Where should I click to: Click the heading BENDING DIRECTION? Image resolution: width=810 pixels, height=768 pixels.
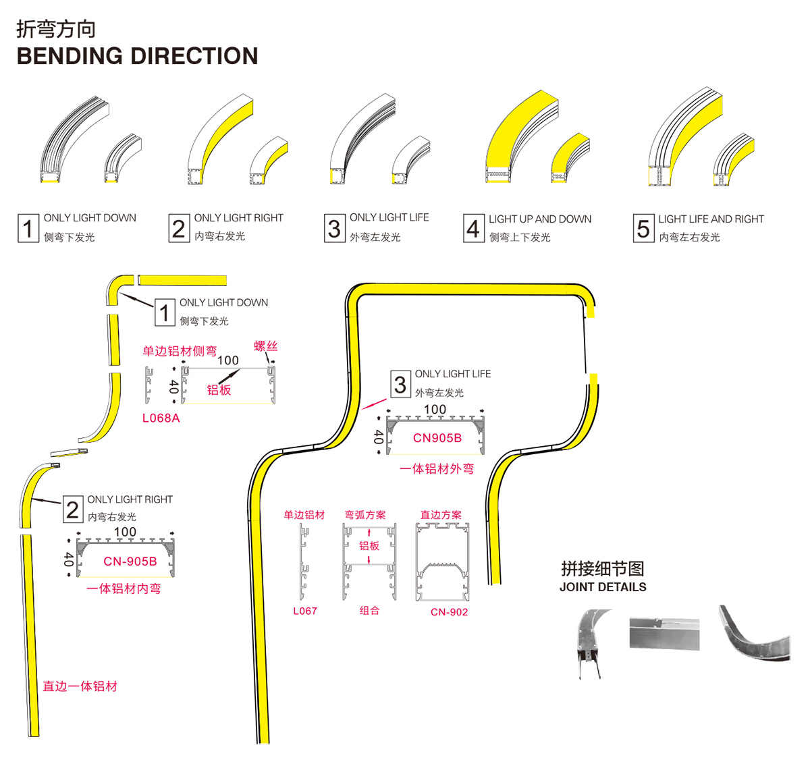tap(137, 56)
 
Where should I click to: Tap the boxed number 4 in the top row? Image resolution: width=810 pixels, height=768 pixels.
tap(473, 228)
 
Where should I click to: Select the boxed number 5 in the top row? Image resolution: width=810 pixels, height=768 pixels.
tap(643, 228)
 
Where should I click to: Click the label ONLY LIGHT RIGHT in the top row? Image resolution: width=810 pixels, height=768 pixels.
tap(238, 218)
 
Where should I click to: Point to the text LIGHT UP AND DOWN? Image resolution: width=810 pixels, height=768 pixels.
tap(539, 219)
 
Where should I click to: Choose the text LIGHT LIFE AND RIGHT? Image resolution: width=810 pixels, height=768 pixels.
tap(711, 219)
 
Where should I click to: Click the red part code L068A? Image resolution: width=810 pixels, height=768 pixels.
tap(161, 418)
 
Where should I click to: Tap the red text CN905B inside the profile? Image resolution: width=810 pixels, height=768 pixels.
tap(437, 438)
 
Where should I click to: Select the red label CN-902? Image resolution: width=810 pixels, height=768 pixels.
tap(449, 612)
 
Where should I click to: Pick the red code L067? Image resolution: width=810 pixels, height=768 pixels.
tap(304, 611)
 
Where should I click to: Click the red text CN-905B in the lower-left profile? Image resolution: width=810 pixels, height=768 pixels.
tap(130, 561)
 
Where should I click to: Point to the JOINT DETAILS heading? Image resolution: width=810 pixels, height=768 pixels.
tap(603, 587)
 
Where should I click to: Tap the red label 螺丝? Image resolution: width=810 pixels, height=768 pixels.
tap(265, 346)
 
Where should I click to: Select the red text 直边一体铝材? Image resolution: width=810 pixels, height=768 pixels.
tap(80, 686)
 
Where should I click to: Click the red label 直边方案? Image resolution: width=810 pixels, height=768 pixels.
tap(441, 515)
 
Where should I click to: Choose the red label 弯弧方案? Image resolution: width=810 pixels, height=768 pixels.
tap(365, 515)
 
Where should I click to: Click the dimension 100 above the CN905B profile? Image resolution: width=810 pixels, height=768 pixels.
tap(435, 410)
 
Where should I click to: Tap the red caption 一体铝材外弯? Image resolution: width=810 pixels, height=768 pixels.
tap(436, 469)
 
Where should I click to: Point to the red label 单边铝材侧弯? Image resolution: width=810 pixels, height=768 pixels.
tap(180, 351)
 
